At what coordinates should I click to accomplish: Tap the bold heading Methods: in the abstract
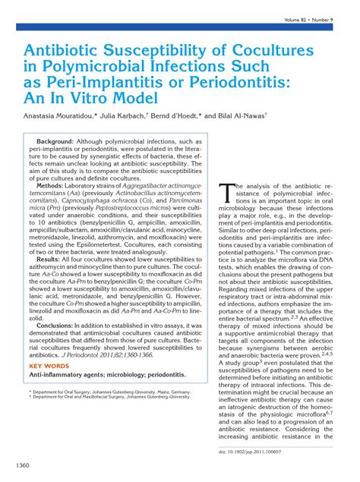(x=51, y=184)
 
